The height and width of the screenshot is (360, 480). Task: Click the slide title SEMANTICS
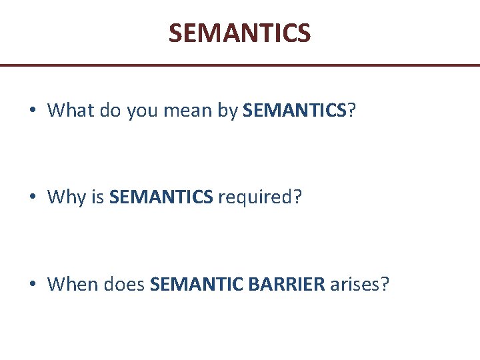click(x=239, y=33)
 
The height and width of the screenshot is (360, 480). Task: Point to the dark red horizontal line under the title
click(x=240, y=65)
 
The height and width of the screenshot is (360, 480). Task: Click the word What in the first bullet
click(x=71, y=110)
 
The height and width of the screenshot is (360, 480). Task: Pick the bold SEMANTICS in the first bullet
click(x=295, y=110)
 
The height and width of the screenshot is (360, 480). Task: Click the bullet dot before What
click(x=33, y=111)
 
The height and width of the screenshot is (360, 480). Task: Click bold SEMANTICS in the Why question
click(x=161, y=197)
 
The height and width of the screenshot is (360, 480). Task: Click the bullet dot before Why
click(x=33, y=198)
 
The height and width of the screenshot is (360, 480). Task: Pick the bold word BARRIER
click(x=286, y=285)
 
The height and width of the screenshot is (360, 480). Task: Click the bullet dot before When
click(x=33, y=285)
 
